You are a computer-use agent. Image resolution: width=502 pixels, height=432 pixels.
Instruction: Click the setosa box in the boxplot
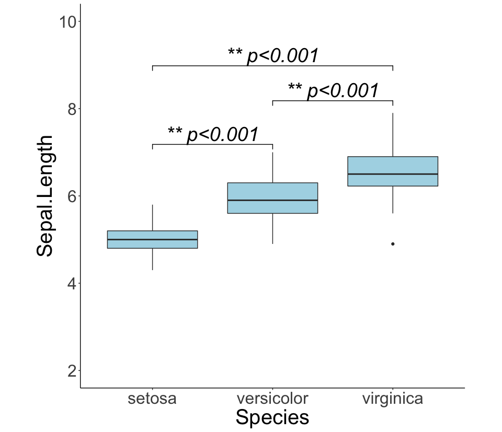(x=152, y=235)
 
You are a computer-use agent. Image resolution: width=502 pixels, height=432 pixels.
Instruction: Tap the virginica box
(x=393, y=166)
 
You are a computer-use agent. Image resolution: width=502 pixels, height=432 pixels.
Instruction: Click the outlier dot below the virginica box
(x=393, y=244)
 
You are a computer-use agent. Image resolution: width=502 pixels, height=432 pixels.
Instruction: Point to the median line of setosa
(x=152, y=239)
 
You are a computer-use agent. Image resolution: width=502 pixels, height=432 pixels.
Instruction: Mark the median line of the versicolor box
(x=272, y=200)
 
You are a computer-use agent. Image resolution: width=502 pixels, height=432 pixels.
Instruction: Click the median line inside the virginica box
(x=393, y=174)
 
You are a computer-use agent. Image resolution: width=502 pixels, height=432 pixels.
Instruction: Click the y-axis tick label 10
(x=68, y=22)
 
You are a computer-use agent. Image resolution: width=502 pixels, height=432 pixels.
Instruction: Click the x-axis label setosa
(x=152, y=399)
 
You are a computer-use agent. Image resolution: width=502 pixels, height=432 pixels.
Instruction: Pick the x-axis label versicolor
(x=272, y=399)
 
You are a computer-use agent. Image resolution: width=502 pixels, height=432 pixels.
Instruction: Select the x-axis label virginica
(x=393, y=399)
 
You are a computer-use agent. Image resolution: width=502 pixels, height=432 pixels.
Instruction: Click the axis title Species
(x=272, y=418)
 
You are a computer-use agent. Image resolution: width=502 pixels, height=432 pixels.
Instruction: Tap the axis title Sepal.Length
(x=45, y=196)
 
